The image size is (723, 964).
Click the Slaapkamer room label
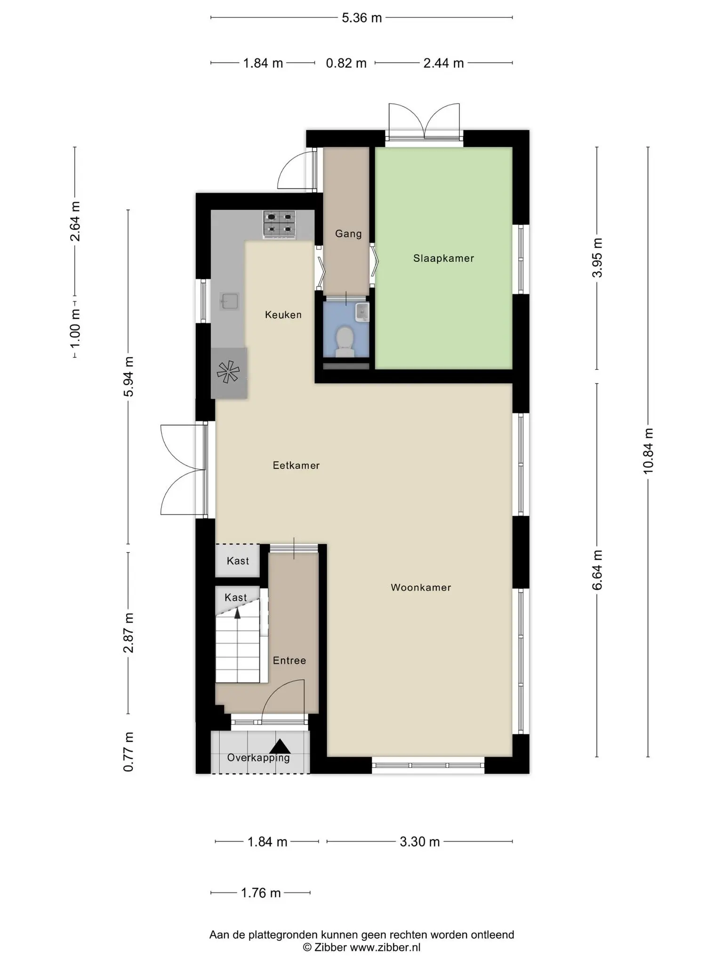(x=443, y=258)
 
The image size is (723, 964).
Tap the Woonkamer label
(x=421, y=587)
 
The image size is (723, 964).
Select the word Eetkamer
(x=296, y=466)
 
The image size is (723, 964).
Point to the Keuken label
(x=283, y=315)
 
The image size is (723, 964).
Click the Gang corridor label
(x=348, y=234)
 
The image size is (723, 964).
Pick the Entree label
(x=289, y=661)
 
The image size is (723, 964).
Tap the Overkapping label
(x=258, y=758)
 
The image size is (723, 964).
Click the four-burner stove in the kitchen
(x=280, y=224)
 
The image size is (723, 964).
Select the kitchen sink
(x=229, y=301)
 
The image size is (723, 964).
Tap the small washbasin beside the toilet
(x=362, y=312)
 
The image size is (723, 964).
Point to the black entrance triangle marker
(x=280, y=747)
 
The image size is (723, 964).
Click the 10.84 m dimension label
(x=649, y=451)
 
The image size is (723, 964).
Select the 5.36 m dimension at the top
(x=361, y=18)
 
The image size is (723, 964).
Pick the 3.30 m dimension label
(x=420, y=842)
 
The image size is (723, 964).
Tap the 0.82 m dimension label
(x=346, y=63)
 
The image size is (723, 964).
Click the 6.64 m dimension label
(x=597, y=570)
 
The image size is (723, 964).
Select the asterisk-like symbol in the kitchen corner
(x=228, y=372)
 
